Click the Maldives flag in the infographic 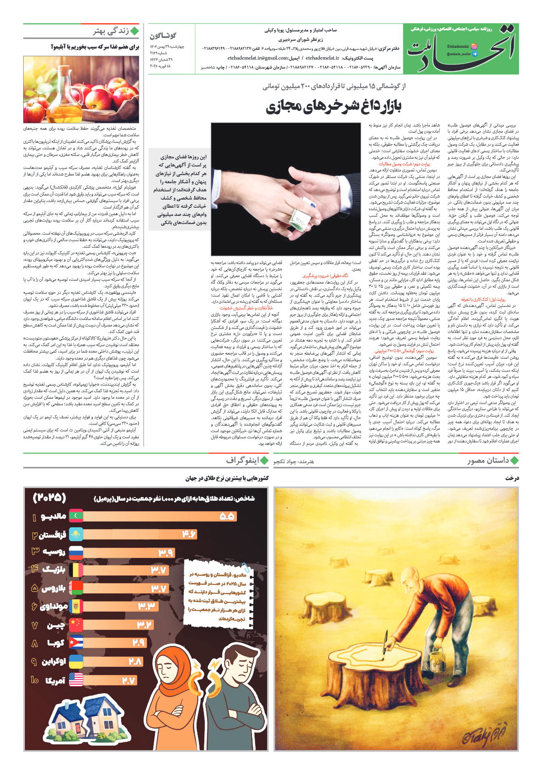76,516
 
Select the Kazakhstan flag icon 76,534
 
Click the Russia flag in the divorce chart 76,552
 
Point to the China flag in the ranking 76,624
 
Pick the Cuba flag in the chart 76,643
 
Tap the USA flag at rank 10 76,680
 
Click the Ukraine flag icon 76,661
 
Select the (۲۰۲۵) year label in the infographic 49,497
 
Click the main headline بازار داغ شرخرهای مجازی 334,106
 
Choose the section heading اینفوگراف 242,461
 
